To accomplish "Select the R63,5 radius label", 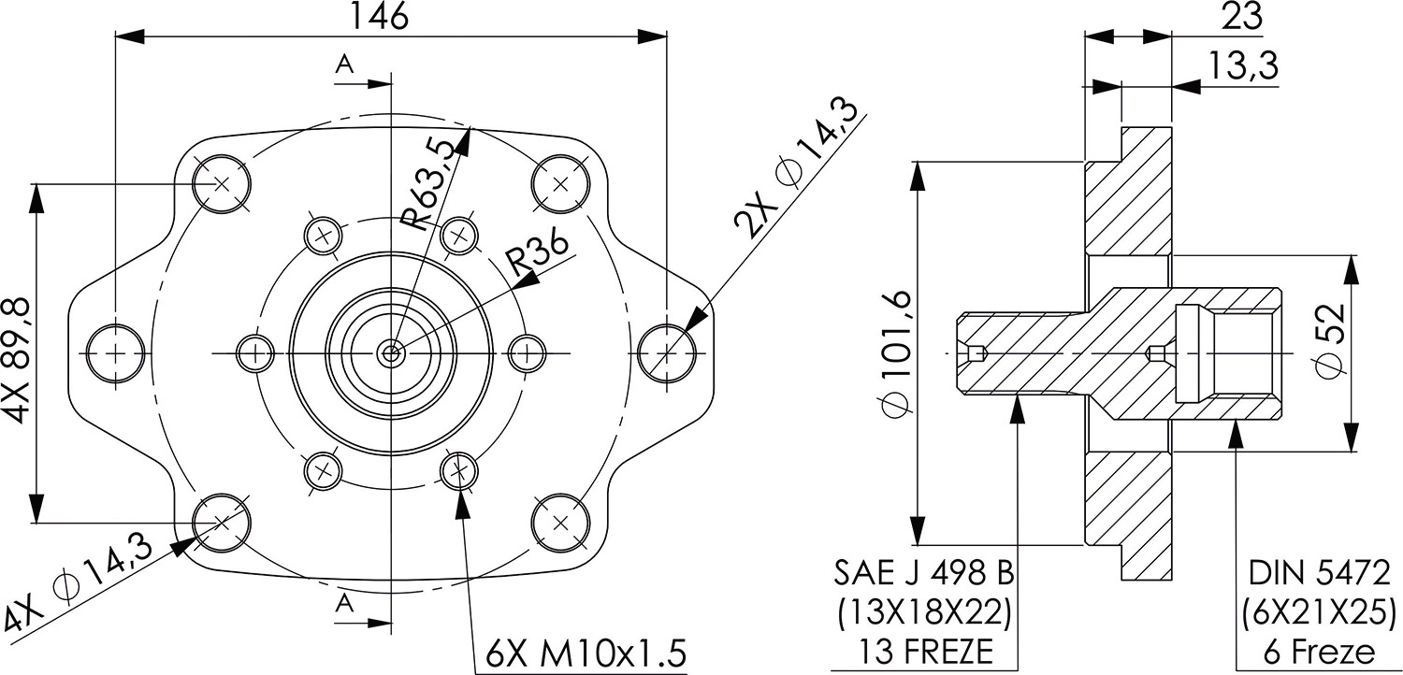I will [431, 184].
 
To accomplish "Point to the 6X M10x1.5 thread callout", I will [586, 652].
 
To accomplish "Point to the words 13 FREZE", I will [923, 652].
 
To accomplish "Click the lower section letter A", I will [345, 604].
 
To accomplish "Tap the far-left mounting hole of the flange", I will [116, 353].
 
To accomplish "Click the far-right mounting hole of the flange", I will [667, 353].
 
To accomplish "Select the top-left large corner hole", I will [222, 183].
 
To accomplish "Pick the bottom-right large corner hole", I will [560, 522].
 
